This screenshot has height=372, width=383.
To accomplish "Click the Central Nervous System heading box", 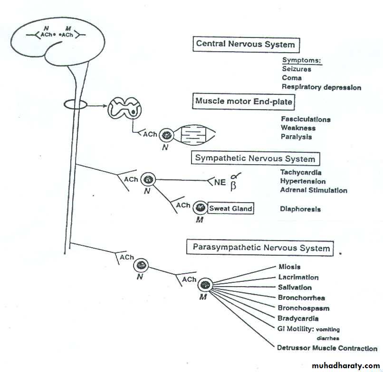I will [x=246, y=45].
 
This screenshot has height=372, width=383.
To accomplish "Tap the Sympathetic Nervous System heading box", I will [x=255, y=158].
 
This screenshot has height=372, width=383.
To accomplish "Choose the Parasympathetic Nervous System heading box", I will [x=261, y=248].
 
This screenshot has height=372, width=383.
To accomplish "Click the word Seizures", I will [x=297, y=69].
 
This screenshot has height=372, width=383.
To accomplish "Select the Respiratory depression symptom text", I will [x=321, y=87].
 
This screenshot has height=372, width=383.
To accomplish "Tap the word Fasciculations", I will [x=306, y=120].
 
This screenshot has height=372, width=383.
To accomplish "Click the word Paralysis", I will [x=297, y=137].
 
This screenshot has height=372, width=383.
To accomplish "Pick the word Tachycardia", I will [x=301, y=173].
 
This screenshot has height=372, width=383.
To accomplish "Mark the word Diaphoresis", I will [x=300, y=209].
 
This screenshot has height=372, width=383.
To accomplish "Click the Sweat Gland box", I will [x=230, y=208].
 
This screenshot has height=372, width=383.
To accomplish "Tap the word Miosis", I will [x=289, y=267].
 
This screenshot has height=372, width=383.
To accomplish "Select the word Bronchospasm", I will [x=304, y=308].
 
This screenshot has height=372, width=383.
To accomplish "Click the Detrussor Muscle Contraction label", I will [x=327, y=348].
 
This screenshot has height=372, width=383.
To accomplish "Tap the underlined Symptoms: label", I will [x=302, y=60].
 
